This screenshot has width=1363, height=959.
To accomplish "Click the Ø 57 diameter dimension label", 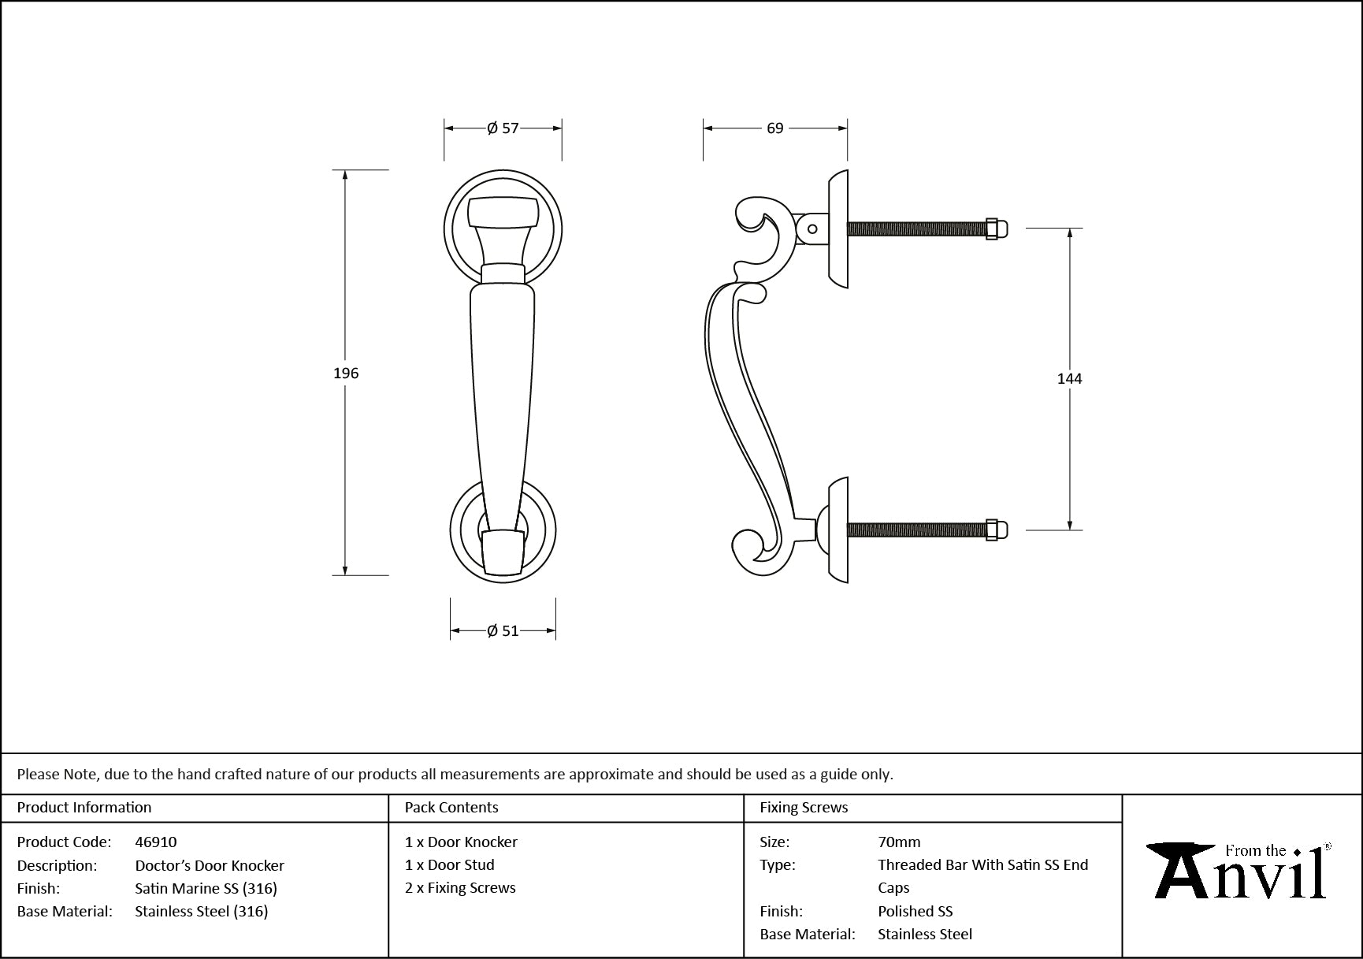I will (x=503, y=128).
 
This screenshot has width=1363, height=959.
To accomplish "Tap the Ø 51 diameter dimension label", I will (x=503, y=630).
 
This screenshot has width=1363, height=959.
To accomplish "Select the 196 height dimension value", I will (x=346, y=374).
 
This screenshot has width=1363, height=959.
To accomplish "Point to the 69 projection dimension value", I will (x=775, y=128).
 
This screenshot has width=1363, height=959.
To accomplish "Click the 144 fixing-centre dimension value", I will (x=1069, y=379).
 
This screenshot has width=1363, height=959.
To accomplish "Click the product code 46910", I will (x=156, y=842).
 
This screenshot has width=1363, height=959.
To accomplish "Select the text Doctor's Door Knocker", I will (x=210, y=865).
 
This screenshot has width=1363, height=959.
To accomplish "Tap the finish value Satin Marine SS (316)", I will (x=206, y=888).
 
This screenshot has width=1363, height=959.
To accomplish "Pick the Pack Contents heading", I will (x=451, y=807).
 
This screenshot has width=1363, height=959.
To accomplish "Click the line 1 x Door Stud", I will (x=450, y=864).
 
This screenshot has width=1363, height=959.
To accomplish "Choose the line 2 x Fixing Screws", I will (x=460, y=887).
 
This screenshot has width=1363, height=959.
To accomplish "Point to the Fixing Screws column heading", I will (x=804, y=807).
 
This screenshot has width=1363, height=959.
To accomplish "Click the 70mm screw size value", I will (x=899, y=842).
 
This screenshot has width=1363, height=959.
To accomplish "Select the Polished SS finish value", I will (x=915, y=911).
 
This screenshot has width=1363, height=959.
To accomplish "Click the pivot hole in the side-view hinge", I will (x=812, y=229).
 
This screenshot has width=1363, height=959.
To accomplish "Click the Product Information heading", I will (x=84, y=807).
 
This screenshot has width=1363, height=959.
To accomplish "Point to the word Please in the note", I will (x=37, y=774).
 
